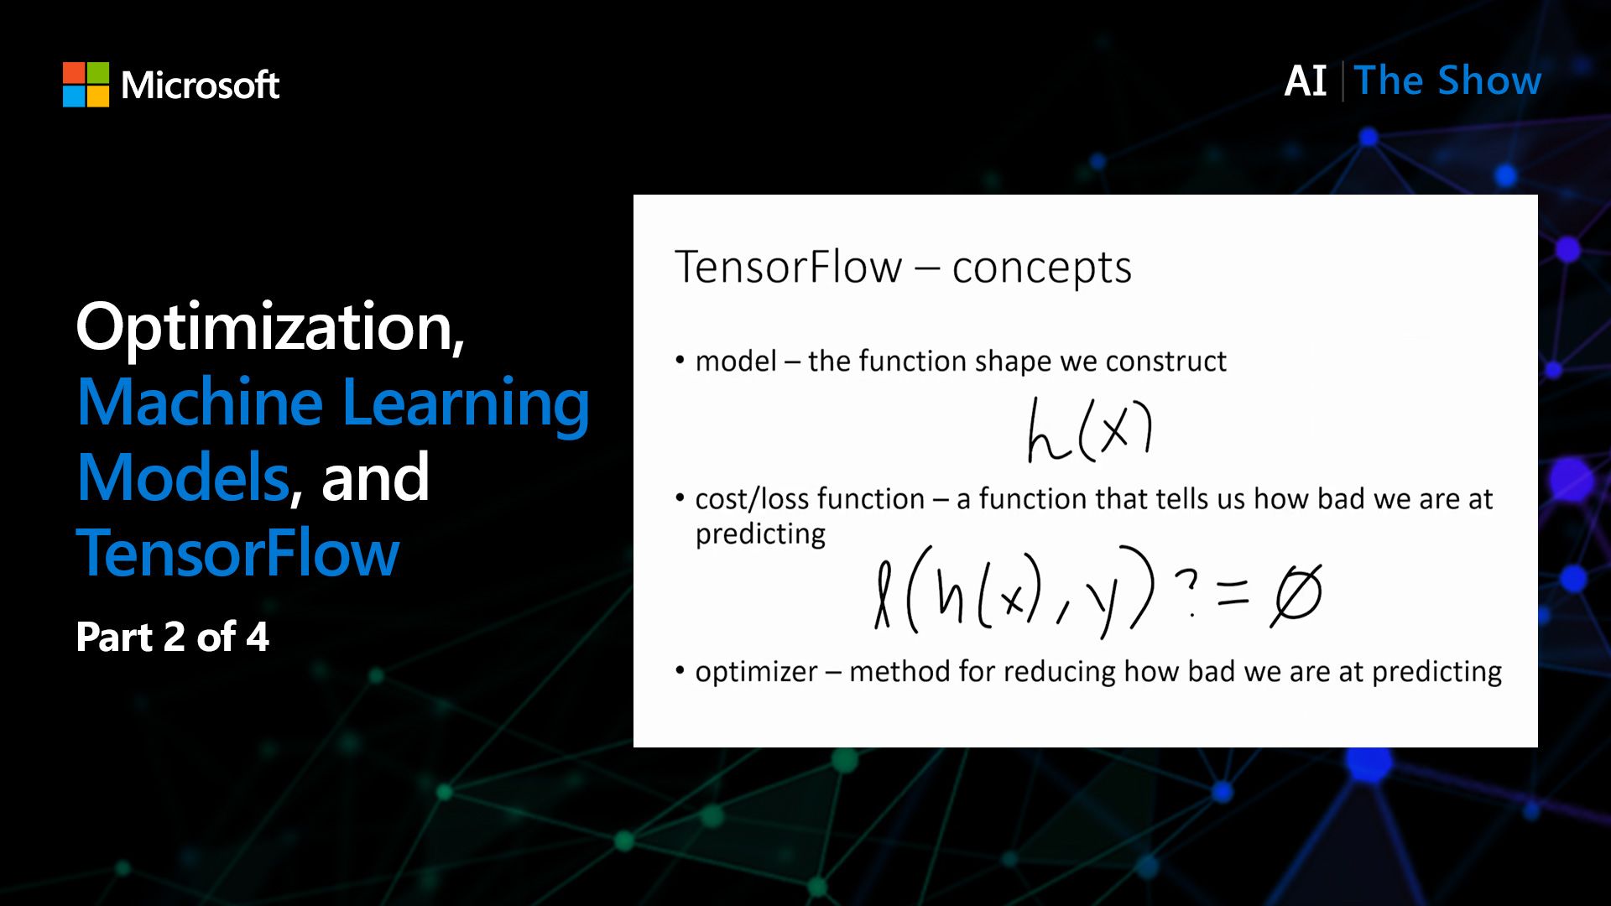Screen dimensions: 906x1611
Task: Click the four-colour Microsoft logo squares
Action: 86,85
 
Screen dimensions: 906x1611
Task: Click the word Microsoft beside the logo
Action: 200,85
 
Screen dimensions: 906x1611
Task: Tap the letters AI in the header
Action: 1305,81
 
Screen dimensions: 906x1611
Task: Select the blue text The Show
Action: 1447,81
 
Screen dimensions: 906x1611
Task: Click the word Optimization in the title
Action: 269,328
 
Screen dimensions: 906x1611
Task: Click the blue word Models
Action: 183,477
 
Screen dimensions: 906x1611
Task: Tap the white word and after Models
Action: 375,477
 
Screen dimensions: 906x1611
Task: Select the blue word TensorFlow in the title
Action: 237,554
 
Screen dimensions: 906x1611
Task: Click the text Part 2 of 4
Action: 172,637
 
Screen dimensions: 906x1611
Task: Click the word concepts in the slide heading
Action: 1041,268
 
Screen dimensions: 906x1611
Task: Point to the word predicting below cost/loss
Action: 760,534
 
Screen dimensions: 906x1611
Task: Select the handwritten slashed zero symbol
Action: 1296,594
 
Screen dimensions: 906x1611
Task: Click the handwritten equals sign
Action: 1233,594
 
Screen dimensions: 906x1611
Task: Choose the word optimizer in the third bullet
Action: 756,672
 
